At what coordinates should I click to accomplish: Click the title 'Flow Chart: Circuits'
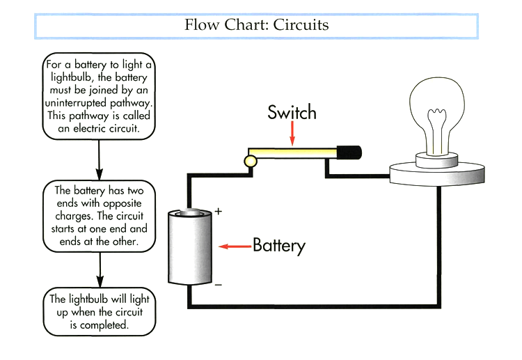tap(256, 26)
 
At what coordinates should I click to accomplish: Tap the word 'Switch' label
tap(292, 113)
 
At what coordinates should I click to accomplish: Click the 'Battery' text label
tap(278, 245)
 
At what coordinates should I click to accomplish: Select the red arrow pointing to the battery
tap(234, 246)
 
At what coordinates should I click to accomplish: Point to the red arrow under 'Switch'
tap(292, 133)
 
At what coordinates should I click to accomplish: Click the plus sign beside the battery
tap(217, 211)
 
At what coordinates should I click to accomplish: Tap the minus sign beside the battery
tap(218, 285)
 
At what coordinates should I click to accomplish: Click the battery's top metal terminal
tap(190, 213)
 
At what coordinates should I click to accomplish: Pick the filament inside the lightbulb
tap(438, 129)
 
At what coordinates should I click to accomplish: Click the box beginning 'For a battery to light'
tap(99, 97)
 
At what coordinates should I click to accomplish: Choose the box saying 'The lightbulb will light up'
tap(99, 311)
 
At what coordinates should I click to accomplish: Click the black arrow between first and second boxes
tap(100, 159)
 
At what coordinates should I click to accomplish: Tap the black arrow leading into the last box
tap(100, 269)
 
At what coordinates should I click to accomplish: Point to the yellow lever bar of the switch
tap(292, 152)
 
